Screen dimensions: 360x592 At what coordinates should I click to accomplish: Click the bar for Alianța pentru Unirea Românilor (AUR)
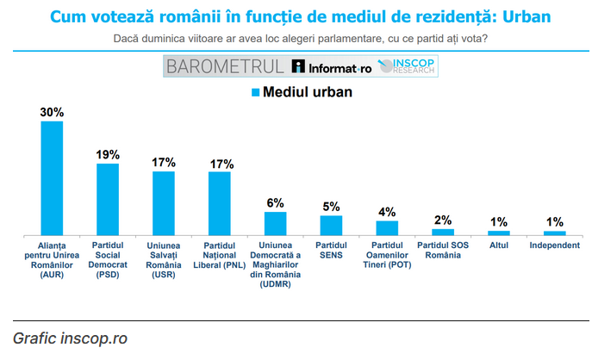52,177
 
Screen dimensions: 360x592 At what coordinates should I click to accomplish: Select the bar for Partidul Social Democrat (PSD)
108,199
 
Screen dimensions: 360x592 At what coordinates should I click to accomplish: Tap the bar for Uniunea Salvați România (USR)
164,202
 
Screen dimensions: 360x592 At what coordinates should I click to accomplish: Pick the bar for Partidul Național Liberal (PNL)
220,202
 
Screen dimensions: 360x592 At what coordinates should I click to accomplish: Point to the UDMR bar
275,223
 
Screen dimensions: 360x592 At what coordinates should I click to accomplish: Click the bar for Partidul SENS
331,225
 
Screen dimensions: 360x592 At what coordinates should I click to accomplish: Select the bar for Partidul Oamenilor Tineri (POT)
387,227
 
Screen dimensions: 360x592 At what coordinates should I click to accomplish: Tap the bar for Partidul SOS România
443,232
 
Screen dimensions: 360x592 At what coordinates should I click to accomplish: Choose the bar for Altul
499,233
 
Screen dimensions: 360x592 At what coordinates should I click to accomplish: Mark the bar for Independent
554,233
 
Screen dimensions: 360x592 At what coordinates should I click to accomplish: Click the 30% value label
52,112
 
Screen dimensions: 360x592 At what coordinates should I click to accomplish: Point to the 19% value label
108,154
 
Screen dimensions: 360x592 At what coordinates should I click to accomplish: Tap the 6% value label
275,202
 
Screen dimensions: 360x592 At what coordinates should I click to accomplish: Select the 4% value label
387,212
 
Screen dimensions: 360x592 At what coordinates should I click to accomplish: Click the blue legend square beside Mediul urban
255,92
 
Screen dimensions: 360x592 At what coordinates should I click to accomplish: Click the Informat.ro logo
331,66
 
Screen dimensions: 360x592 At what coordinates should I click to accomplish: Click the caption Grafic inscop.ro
70,338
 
